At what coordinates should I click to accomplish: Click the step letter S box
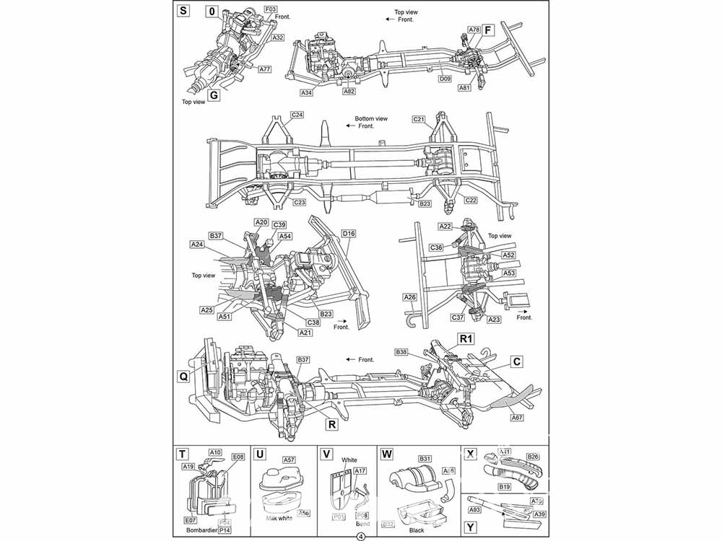(x=183, y=11)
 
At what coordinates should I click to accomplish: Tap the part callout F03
(x=271, y=10)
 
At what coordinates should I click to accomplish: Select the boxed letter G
(x=214, y=94)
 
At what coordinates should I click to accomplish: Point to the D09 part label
(x=446, y=79)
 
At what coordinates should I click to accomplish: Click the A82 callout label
(x=349, y=92)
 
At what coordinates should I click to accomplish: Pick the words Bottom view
(x=371, y=119)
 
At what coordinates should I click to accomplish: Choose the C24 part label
(x=297, y=115)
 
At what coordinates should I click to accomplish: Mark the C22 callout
(x=469, y=201)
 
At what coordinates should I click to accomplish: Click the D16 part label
(x=349, y=234)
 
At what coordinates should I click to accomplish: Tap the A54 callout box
(x=284, y=237)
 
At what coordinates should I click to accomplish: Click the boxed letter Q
(x=183, y=376)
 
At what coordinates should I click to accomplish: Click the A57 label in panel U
(x=289, y=459)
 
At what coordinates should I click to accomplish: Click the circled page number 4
(x=360, y=535)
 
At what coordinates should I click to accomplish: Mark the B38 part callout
(x=402, y=351)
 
